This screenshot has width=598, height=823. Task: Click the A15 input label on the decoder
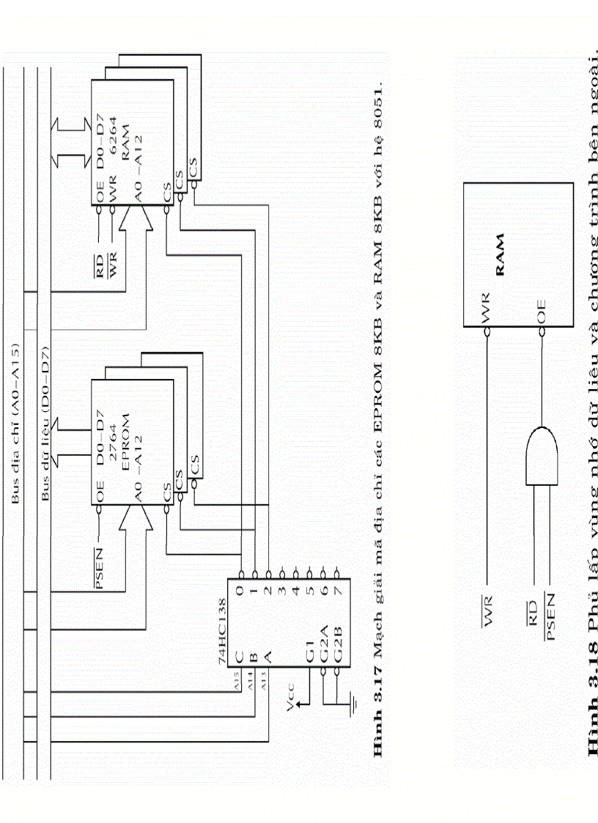coord(236,679)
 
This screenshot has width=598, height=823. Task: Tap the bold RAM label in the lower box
coord(501,254)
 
